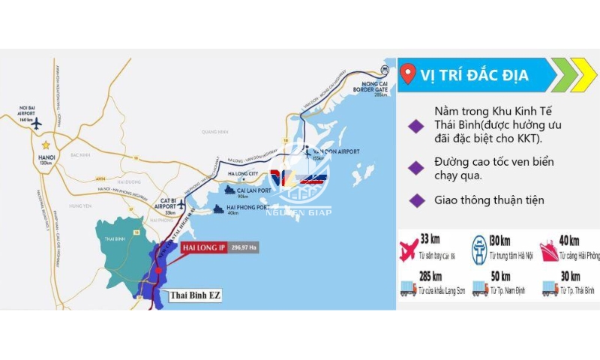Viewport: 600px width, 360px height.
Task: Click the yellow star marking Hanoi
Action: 46,144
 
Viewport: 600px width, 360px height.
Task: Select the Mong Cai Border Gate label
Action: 375,87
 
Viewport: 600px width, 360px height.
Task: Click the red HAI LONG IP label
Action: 204,247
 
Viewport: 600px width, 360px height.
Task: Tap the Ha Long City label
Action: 242,173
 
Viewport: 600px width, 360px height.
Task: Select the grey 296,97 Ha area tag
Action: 244,247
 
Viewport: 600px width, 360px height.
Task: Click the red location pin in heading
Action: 408,74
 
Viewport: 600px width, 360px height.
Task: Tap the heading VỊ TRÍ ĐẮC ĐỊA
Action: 474,75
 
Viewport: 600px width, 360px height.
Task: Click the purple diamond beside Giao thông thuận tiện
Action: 414,200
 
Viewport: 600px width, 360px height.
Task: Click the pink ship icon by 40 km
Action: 546,250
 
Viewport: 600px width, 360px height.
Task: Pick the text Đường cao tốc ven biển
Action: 496,163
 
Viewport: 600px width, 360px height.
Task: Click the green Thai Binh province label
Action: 115,238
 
